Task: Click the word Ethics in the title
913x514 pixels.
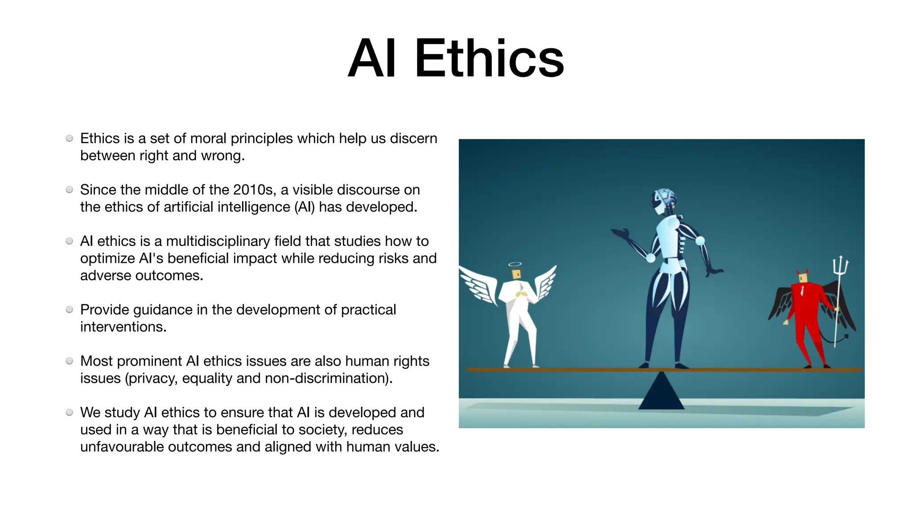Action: tap(489, 59)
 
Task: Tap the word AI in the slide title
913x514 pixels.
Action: tap(372, 59)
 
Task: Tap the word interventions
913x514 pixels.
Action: tap(123, 327)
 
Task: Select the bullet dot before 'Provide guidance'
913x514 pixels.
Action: tap(70, 310)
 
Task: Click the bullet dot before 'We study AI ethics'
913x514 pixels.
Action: tap(70, 412)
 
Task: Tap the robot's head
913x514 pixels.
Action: tap(663, 199)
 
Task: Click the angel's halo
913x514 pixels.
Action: tap(515, 264)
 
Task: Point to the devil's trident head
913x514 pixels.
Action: tap(840, 265)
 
